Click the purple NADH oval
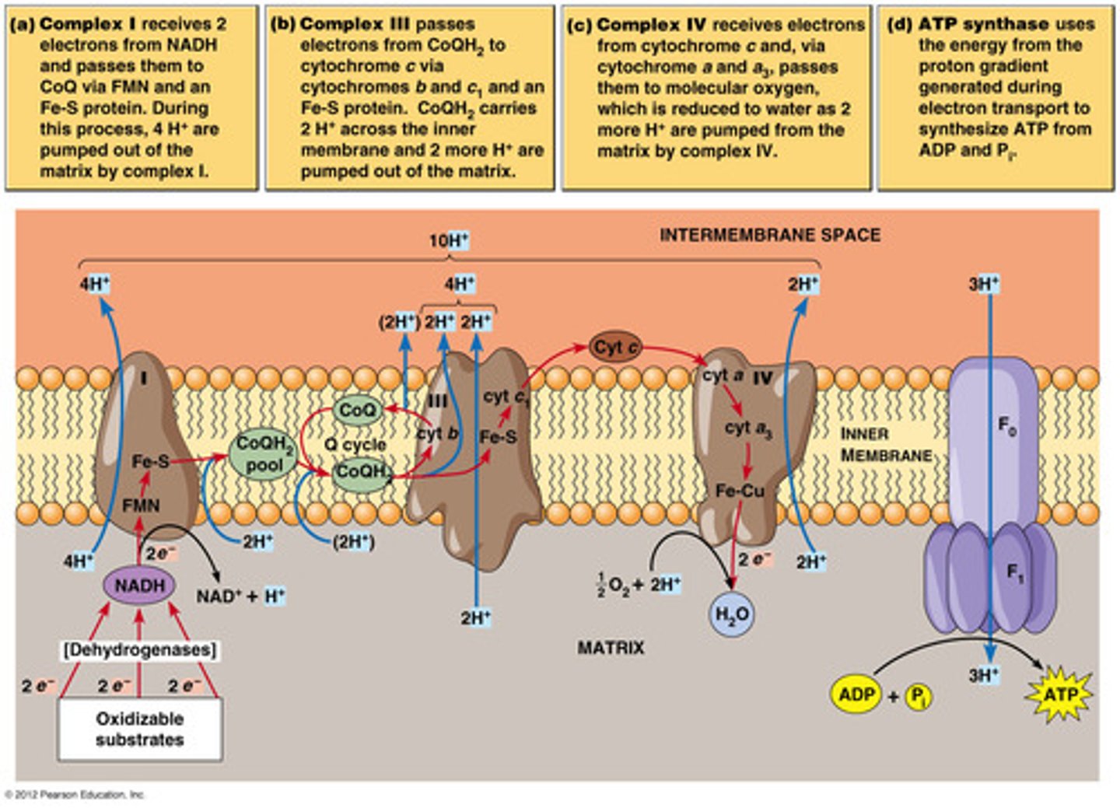coord(140,586)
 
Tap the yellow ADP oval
coord(856,693)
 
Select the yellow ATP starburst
coord(1059,694)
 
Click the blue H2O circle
coord(732,614)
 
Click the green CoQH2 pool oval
coord(264,454)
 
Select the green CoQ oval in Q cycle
coord(358,410)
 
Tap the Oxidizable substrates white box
coord(140,729)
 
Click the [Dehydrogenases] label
coord(140,649)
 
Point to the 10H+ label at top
coord(449,241)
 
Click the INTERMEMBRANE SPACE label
coord(770,235)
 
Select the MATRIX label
coord(611,647)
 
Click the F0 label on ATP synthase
coord(1006,425)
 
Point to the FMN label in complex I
coord(141,505)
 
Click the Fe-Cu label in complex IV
coord(740,491)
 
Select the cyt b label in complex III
coord(437,433)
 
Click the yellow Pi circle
coord(919,696)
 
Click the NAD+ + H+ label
coord(240,596)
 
